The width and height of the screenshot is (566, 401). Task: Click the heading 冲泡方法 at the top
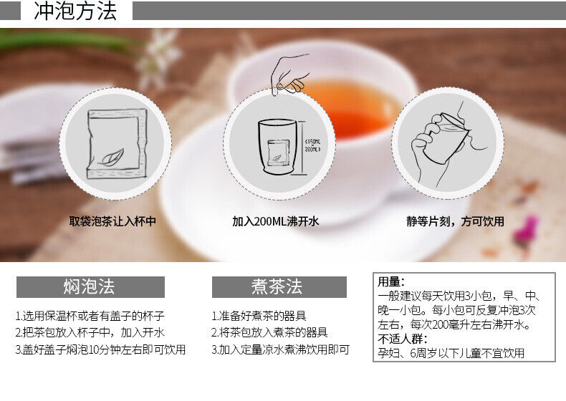(x=75, y=11)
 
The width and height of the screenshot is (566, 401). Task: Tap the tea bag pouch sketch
(x=117, y=144)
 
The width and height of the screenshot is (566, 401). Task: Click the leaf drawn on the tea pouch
(x=112, y=157)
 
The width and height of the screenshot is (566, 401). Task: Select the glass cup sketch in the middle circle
(x=277, y=148)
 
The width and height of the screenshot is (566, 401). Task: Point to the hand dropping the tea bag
(x=289, y=74)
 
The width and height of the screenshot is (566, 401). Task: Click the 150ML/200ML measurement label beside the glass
(x=312, y=145)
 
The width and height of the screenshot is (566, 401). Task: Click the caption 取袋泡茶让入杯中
(x=112, y=221)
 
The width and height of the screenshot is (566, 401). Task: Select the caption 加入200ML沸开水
(x=275, y=221)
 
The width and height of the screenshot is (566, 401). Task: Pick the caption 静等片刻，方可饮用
(x=455, y=221)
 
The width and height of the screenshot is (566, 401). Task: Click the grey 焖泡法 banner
(x=90, y=287)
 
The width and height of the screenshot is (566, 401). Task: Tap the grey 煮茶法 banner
(x=279, y=287)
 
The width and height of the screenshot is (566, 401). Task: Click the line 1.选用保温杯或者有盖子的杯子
(x=90, y=317)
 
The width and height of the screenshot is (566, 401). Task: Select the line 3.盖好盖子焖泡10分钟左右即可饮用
(x=100, y=349)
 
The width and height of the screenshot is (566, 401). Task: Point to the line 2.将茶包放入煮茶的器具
(x=269, y=332)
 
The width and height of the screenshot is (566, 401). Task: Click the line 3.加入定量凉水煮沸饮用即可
(x=280, y=349)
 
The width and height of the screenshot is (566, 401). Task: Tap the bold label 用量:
(x=391, y=281)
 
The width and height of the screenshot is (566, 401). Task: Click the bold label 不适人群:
(x=403, y=339)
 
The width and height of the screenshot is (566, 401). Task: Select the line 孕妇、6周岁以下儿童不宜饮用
(x=451, y=353)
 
